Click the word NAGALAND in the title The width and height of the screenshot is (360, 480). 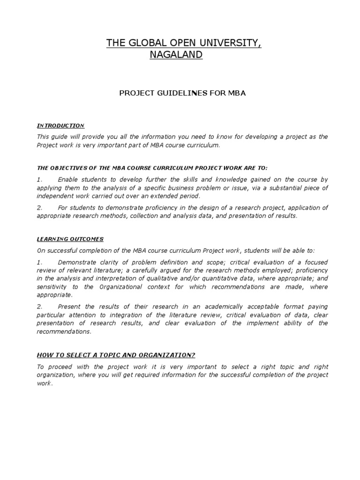[x=176, y=55]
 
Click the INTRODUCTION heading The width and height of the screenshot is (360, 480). [x=60, y=126]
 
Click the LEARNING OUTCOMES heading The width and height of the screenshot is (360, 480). [x=70, y=239]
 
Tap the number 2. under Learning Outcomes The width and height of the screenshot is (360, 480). [x=39, y=307]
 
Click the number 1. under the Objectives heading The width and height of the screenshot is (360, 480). [x=39, y=180]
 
